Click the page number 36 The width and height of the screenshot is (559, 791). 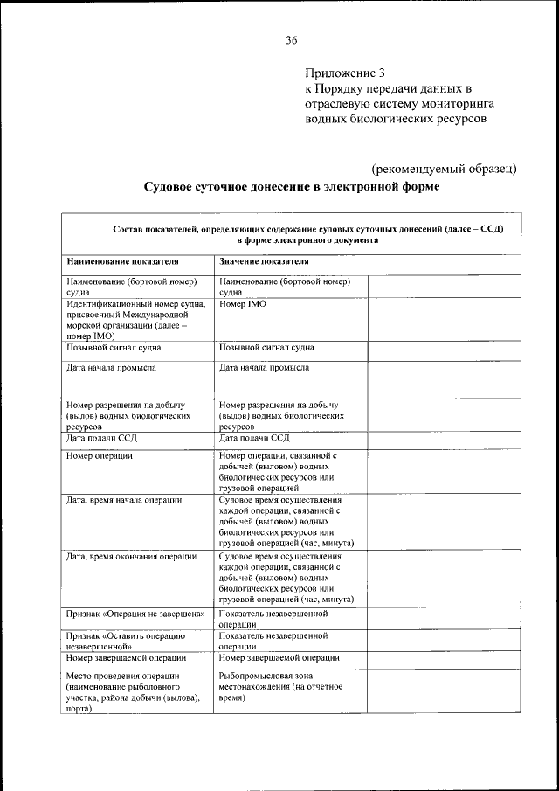(291, 39)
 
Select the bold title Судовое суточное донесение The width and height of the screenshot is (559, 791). (291, 186)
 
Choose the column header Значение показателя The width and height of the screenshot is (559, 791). (264, 260)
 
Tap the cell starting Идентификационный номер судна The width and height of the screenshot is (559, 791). (135, 319)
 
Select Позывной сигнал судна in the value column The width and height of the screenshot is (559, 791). (267, 347)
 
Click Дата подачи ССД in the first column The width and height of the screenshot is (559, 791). (103, 438)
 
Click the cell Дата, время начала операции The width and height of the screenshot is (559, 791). (124, 499)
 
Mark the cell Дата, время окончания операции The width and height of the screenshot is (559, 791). (131, 555)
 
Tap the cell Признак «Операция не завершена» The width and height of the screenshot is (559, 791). (135, 614)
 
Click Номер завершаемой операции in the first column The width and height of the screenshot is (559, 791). (126, 657)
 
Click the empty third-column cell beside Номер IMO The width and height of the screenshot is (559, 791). (443, 319)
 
